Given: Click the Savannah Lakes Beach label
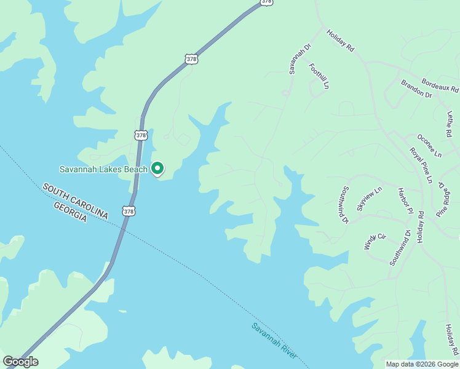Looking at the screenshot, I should (103, 169).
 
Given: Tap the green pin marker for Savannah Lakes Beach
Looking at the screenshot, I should (157, 168).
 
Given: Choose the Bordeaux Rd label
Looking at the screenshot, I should (440, 85).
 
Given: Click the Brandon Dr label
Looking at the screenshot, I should (416, 89).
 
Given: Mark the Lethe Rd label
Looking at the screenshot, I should (450, 124).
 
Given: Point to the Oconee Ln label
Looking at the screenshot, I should (429, 146).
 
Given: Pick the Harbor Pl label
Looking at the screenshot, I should (404, 201).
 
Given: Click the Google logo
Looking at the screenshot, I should (20, 362).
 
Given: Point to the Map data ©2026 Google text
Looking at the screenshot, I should (422, 364).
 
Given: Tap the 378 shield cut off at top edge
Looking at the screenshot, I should (266, 2).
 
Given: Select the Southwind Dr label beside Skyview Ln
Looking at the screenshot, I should (344, 205).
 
